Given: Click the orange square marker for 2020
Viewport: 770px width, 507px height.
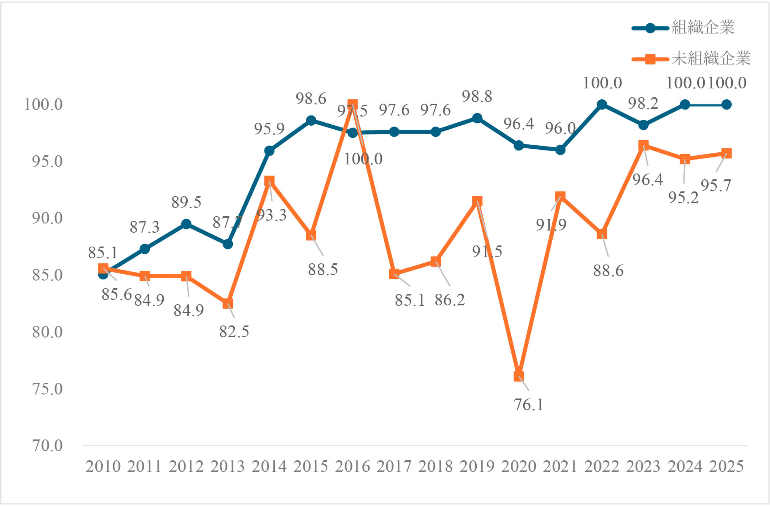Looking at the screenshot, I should tap(519, 376).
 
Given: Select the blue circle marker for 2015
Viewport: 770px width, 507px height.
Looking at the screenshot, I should tap(311, 121).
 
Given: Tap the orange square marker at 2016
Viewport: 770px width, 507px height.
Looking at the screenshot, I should tap(352, 105).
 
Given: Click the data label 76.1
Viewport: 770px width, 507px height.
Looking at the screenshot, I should tap(529, 405).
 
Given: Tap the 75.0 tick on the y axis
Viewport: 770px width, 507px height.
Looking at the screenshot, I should tap(47, 389).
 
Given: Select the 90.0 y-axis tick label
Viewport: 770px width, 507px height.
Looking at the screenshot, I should tap(47, 218).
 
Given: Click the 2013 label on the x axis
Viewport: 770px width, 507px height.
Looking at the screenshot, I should tap(228, 466).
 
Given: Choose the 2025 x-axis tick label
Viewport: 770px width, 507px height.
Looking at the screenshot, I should tap(726, 466).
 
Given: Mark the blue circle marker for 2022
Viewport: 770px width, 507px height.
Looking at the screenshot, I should tap(602, 105).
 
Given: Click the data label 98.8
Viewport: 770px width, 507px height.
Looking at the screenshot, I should tap(477, 97).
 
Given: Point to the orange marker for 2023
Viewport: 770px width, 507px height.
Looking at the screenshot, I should tap(643, 146).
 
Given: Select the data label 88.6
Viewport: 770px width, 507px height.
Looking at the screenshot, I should tap(608, 271).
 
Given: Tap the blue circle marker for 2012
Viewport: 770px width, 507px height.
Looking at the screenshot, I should tap(186, 224).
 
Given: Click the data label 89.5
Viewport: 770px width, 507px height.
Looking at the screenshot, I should tap(186, 202).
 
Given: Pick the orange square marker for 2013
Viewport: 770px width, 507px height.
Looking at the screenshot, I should tap(228, 304).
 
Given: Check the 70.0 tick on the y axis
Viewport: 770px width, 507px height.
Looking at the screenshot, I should tap(47, 446).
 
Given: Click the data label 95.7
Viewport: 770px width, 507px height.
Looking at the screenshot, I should tap(716, 186).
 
